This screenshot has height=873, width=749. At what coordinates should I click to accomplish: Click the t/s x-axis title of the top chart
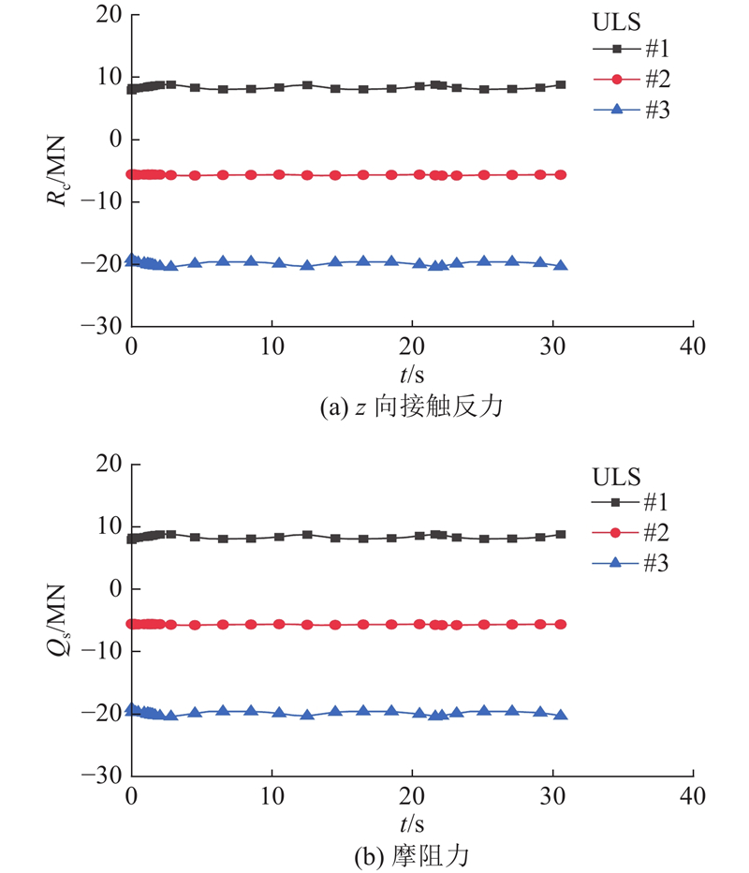pyautogui.click(x=412, y=376)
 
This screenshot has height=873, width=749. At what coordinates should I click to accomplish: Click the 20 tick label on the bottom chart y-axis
pyautogui.click(x=110, y=464)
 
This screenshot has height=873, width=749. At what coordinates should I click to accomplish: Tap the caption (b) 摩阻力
pyautogui.click(x=412, y=855)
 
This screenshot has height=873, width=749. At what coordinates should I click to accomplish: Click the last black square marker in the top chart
pyautogui.click(x=561, y=84)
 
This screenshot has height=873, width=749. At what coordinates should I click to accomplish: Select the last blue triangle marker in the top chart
pyautogui.click(x=561, y=265)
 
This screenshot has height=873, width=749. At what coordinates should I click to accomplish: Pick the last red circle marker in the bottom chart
pyautogui.click(x=561, y=624)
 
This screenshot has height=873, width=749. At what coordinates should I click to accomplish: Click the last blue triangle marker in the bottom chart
pyautogui.click(x=561, y=715)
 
